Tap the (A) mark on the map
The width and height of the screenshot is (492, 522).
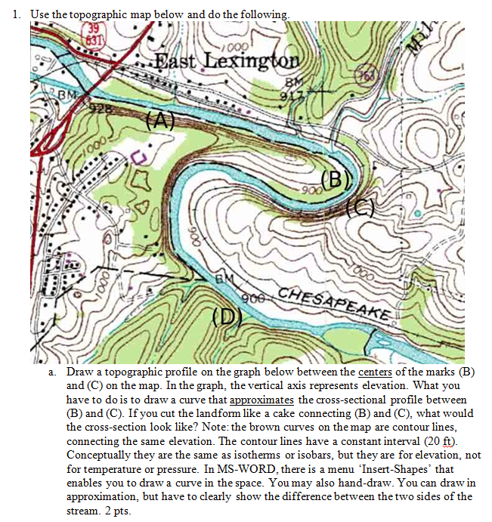[159, 119]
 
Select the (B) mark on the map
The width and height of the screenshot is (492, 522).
[336, 180]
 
